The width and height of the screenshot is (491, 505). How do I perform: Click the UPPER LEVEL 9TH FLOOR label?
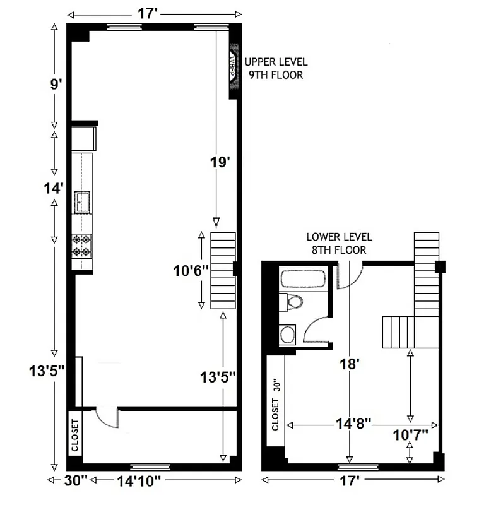click(276, 68)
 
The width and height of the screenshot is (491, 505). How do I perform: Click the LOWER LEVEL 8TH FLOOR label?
click(339, 244)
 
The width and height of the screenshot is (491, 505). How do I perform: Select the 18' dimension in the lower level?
click(348, 364)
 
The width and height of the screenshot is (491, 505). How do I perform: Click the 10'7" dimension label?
click(410, 434)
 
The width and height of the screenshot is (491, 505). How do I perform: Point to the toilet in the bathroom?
click(293, 302)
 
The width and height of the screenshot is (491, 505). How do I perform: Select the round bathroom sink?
click(288, 333)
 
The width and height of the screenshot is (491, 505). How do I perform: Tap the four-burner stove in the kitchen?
click(82, 245)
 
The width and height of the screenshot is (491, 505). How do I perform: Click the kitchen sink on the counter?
click(83, 203)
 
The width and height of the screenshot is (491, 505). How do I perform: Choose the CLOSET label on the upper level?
click(74, 436)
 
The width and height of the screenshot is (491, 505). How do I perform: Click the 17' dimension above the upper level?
click(146, 13)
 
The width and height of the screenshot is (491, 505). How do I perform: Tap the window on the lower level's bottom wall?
click(358, 467)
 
